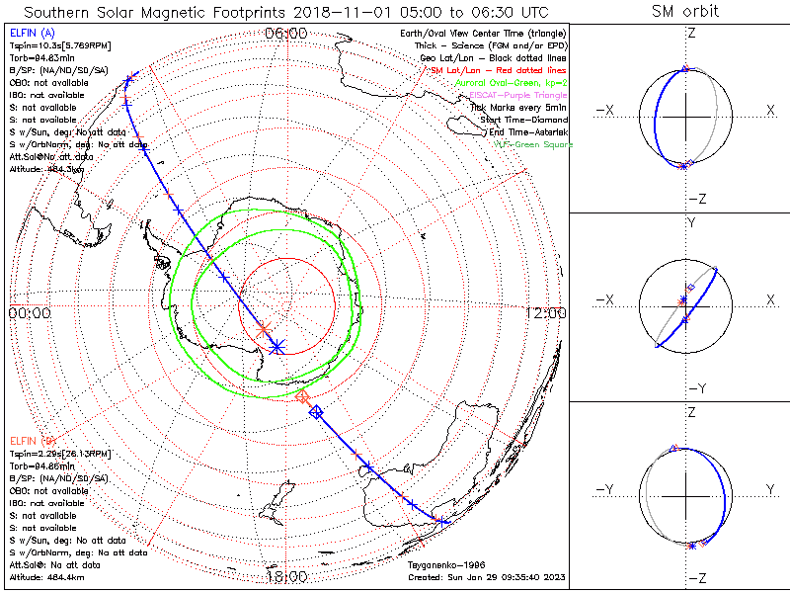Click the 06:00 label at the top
click(x=286, y=34)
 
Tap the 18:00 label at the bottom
click(x=286, y=576)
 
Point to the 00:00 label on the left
click(x=29, y=313)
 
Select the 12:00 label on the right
click(x=546, y=313)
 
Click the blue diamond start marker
click(x=316, y=412)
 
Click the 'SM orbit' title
click(x=685, y=12)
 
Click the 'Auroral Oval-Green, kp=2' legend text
click(x=511, y=83)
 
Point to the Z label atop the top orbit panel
click(x=690, y=34)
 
